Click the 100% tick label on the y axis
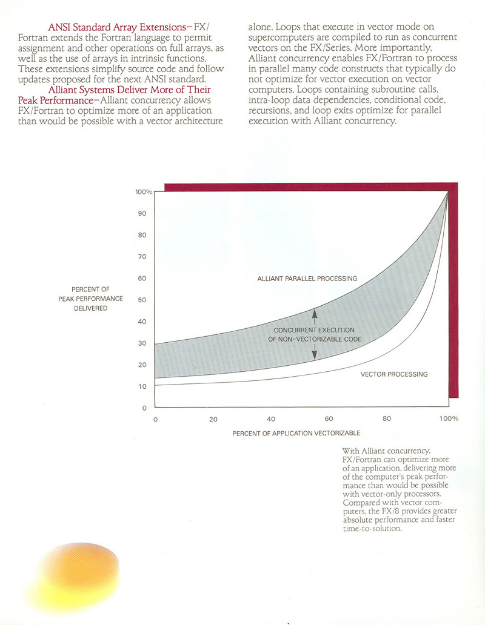[x=144, y=192]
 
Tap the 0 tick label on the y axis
[x=144, y=408]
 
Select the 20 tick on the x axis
[x=213, y=419]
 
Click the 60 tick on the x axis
[x=329, y=419]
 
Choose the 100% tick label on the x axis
[x=449, y=419]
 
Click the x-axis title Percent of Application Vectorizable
[x=296, y=434]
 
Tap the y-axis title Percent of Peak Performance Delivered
[x=91, y=299]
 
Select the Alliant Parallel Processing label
[x=307, y=279]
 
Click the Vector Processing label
[x=394, y=374]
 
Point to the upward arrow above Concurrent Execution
[x=315, y=314]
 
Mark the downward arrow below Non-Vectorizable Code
[x=315, y=354]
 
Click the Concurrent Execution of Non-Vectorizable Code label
[x=315, y=334]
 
